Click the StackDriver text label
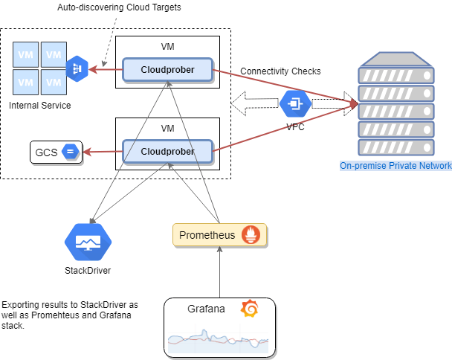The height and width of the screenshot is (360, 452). [x=88, y=270]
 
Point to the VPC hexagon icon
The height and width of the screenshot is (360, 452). [x=295, y=102]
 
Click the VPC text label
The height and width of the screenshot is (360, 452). [x=295, y=126]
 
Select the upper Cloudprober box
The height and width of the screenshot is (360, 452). [x=167, y=70]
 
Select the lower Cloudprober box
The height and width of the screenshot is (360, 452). [x=167, y=151]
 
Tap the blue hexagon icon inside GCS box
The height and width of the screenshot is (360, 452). [x=71, y=152]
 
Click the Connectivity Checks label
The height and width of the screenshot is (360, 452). [x=280, y=71]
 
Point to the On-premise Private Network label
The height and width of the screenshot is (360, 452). [x=395, y=166]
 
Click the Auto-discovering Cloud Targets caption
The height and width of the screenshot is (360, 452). [x=119, y=7]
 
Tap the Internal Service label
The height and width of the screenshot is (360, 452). [x=40, y=106]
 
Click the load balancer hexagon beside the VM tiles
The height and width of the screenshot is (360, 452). [x=77, y=69]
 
